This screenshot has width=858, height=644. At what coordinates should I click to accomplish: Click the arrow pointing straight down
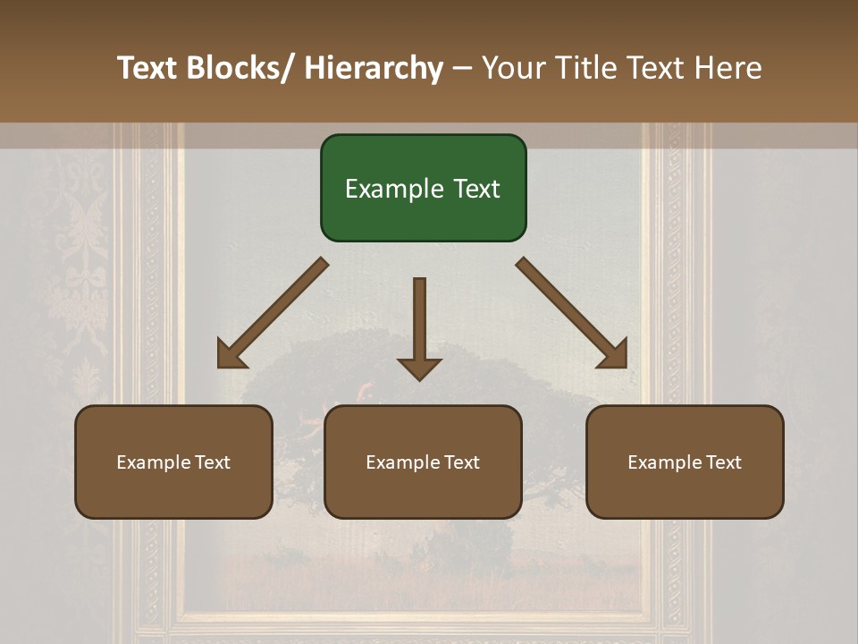419,326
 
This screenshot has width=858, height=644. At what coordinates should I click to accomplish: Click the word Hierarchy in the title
374,68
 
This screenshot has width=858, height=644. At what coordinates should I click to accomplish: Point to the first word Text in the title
147,68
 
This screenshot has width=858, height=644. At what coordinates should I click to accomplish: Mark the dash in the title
462,69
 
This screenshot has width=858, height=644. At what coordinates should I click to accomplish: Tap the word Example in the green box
385,189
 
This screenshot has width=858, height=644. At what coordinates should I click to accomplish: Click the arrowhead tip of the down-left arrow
221,364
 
